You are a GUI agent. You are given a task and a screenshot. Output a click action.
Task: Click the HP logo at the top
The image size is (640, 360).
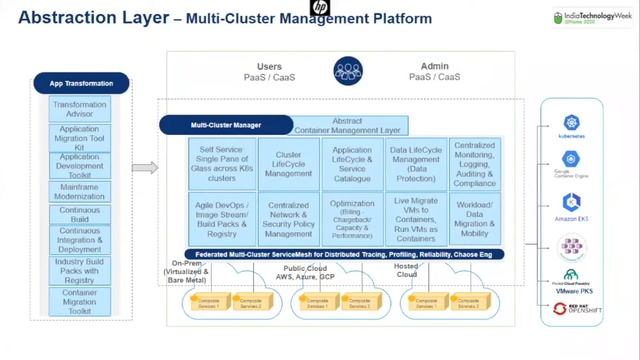319,8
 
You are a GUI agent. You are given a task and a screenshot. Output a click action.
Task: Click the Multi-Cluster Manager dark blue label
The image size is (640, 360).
226,126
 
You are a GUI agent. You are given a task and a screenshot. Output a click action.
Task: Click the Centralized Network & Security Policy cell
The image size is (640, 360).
288,219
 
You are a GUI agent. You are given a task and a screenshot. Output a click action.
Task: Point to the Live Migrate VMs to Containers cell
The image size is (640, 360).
416,219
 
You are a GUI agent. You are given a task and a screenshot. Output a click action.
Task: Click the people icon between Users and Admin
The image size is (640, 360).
347,71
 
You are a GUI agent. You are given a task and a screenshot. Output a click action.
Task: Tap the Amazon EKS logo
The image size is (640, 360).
571,206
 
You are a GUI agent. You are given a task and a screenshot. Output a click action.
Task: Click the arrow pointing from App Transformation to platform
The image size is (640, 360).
145,167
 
